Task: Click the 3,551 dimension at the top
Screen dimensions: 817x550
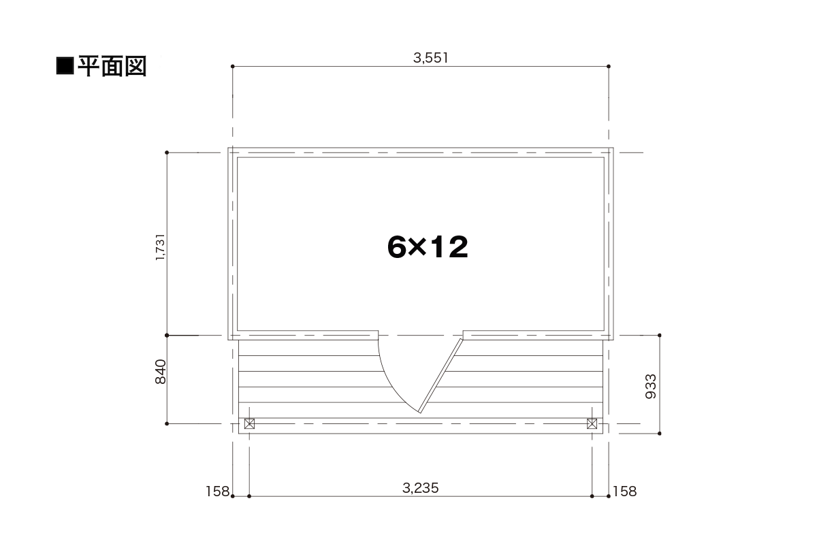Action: (430, 58)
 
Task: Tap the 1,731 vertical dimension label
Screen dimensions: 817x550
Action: (161, 247)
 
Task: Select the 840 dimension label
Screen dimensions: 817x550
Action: (161, 372)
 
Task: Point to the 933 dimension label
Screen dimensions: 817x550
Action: (651, 387)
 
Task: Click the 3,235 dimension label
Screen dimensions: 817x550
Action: (421, 488)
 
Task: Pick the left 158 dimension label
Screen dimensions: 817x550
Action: (217, 491)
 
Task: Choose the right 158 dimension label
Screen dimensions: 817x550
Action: (625, 491)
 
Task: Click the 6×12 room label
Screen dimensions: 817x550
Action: (428, 247)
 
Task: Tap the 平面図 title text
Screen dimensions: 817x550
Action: (112, 67)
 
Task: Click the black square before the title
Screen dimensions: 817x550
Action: (65, 66)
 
